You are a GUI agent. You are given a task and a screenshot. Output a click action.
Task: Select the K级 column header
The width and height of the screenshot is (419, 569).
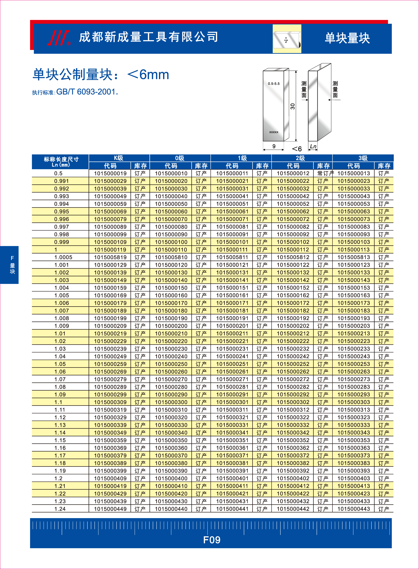(119, 158)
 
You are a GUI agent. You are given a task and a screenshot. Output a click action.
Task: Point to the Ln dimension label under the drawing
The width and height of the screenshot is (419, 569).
(313, 146)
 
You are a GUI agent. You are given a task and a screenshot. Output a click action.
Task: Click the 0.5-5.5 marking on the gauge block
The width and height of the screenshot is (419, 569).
(274, 84)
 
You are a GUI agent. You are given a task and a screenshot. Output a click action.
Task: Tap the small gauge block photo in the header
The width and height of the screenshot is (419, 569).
(287, 39)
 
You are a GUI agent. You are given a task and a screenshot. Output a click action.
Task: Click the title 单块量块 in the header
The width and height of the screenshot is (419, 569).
(347, 38)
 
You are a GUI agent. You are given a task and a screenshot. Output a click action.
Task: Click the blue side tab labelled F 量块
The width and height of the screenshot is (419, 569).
(9, 265)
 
